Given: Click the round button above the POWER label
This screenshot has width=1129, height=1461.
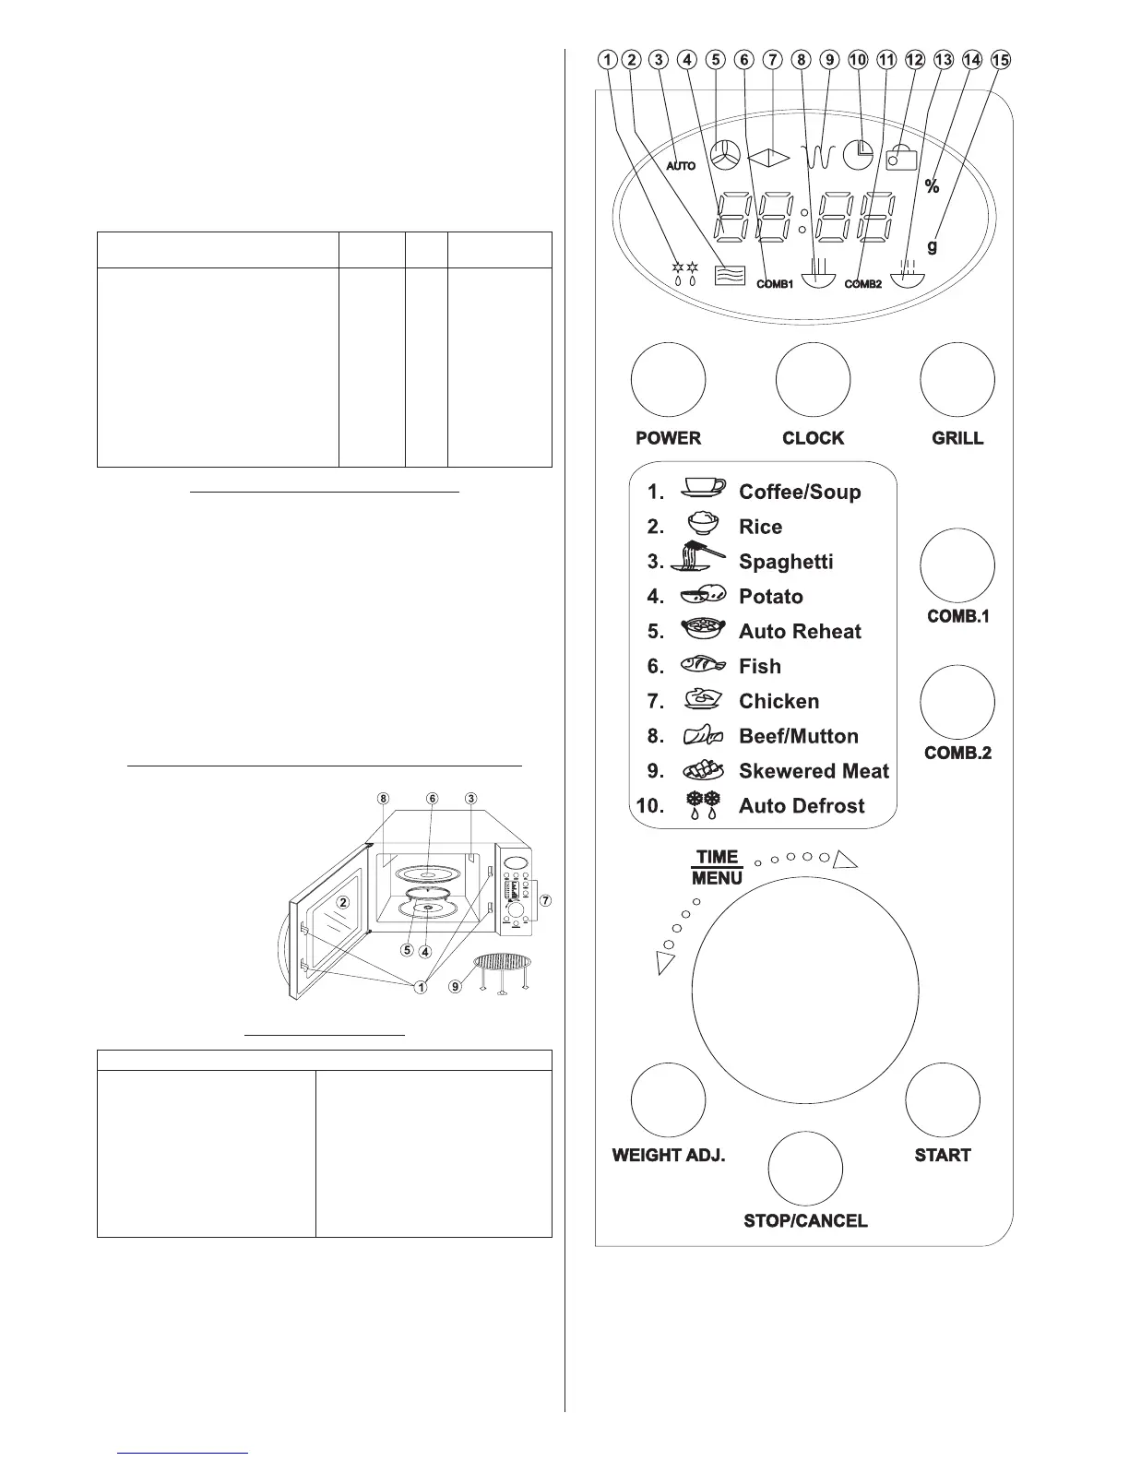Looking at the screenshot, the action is click(668, 380).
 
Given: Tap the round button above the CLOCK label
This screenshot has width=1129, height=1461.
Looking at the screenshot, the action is click(813, 380).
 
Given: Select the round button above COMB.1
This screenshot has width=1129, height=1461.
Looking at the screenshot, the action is click(957, 564).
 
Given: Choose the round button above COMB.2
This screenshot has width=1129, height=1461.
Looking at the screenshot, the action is click(957, 702).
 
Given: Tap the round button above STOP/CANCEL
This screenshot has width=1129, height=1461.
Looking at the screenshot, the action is click(805, 1168).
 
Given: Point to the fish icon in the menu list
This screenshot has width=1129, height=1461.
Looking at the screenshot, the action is click(703, 665).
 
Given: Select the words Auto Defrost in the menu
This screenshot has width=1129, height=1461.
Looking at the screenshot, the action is click(801, 806).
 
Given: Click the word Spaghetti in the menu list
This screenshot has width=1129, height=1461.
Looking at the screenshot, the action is click(785, 562).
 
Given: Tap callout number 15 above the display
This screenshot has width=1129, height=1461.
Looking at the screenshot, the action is click(1001, 60).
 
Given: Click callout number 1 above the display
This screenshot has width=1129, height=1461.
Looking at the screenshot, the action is click(607, 60).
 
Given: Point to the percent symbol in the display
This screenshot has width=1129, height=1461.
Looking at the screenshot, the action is click(932, 187).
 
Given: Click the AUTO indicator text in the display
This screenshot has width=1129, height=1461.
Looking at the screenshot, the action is click(681, 166).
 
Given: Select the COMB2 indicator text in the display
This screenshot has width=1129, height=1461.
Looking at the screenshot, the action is click(863, 284).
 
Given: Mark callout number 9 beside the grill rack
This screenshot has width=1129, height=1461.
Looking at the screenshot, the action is click(455, 987).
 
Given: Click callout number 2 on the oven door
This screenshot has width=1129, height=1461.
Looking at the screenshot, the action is click(342, 902).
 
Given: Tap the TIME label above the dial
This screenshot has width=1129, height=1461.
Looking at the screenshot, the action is click(717, 857).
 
